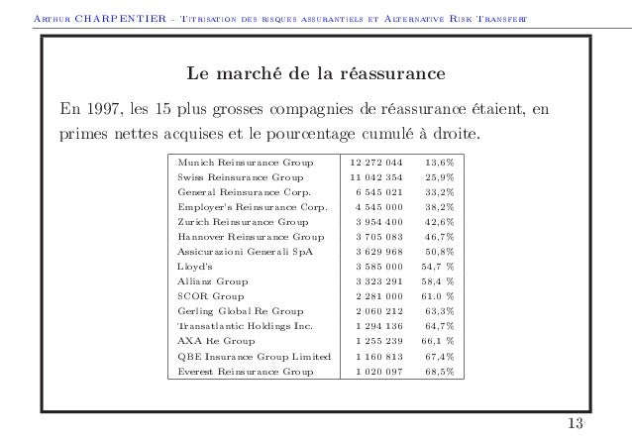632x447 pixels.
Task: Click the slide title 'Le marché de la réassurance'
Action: pos(316,75)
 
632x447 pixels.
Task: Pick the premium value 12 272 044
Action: pos(376,161)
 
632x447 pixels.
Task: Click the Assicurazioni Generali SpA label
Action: pos(242,251)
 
